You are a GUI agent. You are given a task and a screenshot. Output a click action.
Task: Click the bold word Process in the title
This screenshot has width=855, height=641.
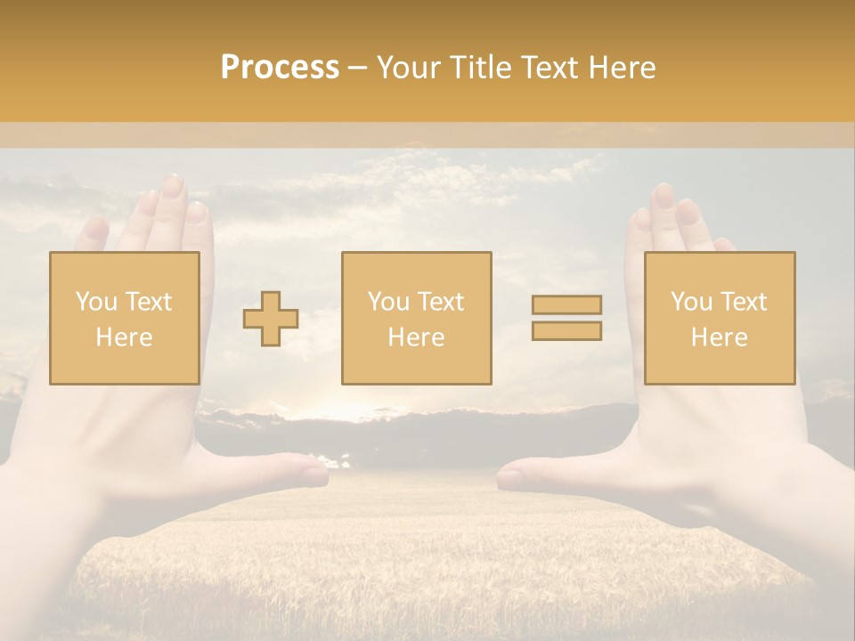click(x=280, y=68)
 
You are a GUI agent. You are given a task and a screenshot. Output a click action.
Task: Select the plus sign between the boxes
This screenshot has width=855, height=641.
click(x=271, y=319)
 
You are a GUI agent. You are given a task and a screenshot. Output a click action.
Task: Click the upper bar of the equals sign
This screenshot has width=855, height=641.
click(x=566, y=305)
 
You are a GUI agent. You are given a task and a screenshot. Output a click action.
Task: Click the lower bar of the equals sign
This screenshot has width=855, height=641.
click(x=566, y=331)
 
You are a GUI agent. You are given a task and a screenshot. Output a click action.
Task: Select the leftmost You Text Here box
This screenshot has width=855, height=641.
click(x=125, y=318)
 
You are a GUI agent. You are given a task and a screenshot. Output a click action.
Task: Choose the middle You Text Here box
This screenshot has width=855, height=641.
click(x=416, y=318)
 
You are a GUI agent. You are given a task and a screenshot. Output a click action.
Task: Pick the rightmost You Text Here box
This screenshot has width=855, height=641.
click(x=719, y=318)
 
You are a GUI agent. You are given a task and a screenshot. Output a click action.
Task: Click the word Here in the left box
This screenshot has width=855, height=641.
click(x=124, y=337)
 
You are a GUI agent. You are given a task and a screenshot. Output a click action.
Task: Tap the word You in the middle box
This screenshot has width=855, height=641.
click(x=388, y=302)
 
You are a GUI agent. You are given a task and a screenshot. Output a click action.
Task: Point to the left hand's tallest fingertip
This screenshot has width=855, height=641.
click(x=173, y=184)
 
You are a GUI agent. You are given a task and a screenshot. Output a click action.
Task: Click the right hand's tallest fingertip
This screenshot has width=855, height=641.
click(x=663, y=194)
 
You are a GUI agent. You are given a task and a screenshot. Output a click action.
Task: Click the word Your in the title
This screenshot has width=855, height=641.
click(x=409, y=68)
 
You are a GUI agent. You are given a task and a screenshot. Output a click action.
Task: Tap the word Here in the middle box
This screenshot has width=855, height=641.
click(x=416, y=337)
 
